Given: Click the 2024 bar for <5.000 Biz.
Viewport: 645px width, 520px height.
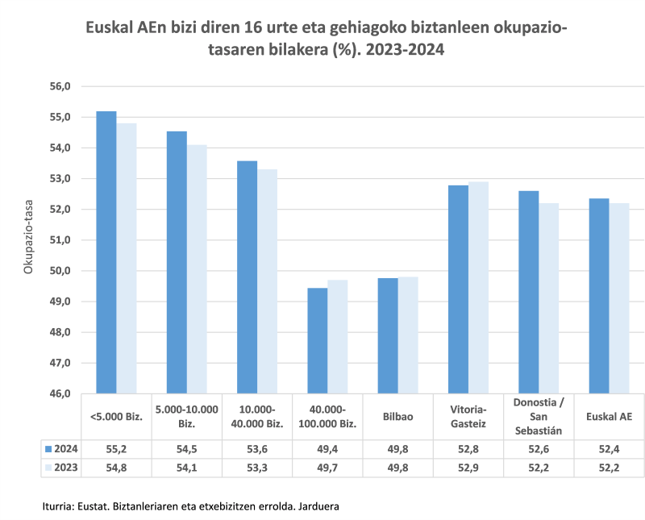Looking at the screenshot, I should click(x=106, y=252).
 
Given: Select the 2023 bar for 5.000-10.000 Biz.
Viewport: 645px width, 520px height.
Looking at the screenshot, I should click(x=197, y=269).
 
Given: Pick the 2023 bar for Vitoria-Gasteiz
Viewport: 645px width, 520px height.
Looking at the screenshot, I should click(x=478, y=288).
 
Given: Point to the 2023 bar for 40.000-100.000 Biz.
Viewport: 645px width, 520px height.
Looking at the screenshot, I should click(x=338, y=337).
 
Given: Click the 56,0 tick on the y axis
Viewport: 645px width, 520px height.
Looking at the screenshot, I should click(x=61, y=86).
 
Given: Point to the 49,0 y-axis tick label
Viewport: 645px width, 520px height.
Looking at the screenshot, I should click(x=61, y=302).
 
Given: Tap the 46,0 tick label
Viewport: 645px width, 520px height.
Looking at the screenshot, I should click(x=61, y=393).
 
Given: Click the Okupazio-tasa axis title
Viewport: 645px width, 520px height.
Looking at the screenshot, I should click(x=27, y=239).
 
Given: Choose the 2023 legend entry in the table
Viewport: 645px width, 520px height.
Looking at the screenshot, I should click(x=60, y=467).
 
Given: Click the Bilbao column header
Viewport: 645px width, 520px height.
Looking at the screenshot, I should click(x=398, y=417).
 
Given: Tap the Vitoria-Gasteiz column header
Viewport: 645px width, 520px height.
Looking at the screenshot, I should click(x=468, y=417).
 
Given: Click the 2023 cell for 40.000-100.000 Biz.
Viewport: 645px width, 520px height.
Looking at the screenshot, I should click(x=328, y=467).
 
